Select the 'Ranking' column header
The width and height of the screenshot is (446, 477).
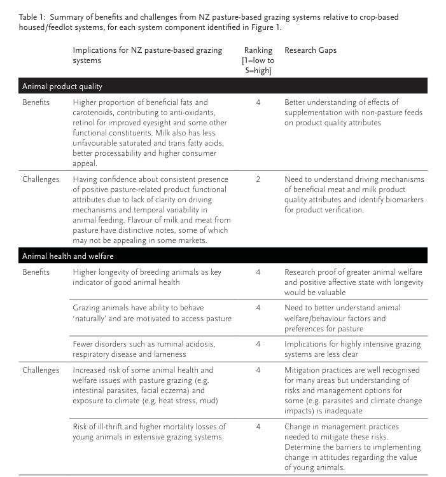(x=258, y=50)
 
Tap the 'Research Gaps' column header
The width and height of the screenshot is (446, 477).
(x=310, y=50)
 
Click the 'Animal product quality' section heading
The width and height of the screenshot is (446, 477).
(x=62, y=86)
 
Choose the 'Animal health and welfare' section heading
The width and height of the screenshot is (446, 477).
(x=68, y=256)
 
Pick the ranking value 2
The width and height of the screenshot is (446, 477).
(x=258, y=179)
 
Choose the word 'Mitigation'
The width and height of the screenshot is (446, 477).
(x=305, y=370)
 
